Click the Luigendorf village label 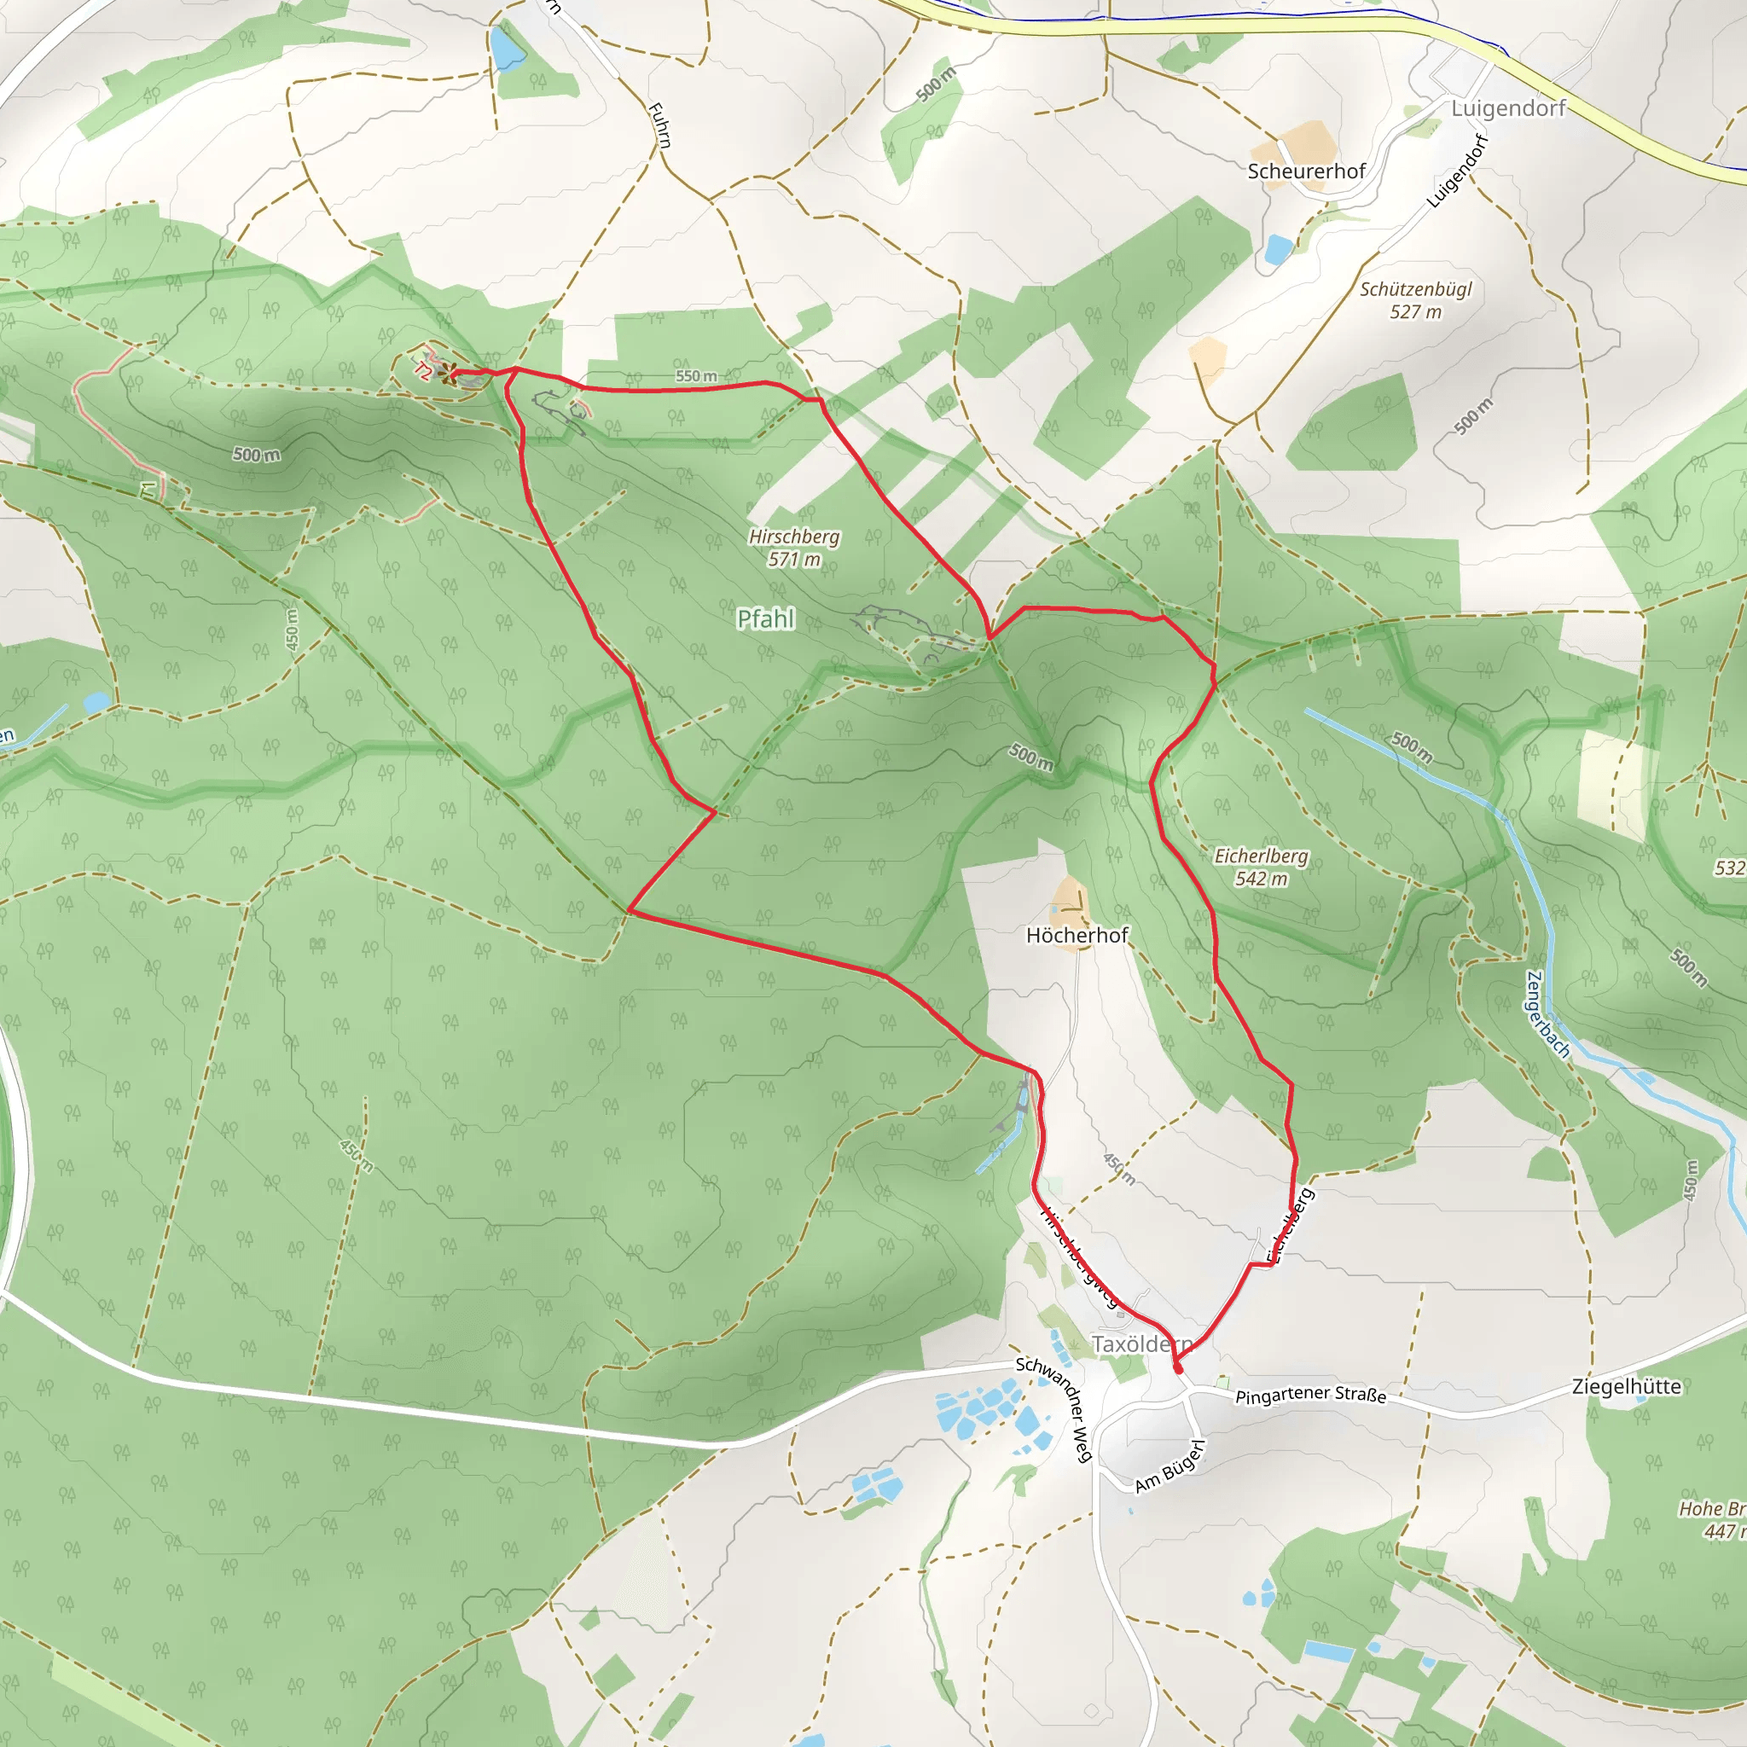tap(1507, 108)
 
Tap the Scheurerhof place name tap(1306, 171)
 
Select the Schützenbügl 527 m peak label tap(1415, 300)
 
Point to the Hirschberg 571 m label tap(794, 548)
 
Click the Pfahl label tap(766, 618)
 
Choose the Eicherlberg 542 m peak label tap(1261, 867)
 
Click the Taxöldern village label tap(1141, 1344)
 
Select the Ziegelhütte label tap(1626, 1386)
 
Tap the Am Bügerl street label tap(1170, 1466)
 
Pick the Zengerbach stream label tap(1547, 1013)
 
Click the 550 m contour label tap(695, 375)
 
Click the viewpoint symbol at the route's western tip tap(446, 372)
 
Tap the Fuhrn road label tap(660, 125)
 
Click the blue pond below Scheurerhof tap(1277, 249)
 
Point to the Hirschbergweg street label tap(1080, 1257)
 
